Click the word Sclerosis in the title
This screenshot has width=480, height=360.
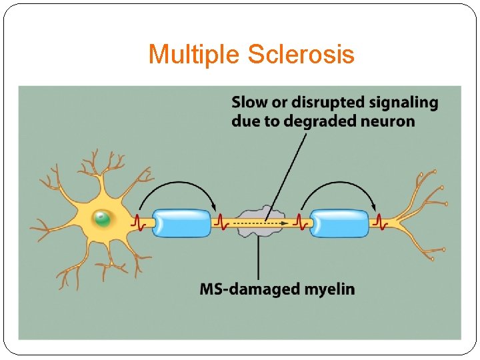point(301,54)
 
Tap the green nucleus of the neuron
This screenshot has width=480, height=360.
point(102,217)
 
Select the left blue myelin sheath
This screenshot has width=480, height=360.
point(182,223)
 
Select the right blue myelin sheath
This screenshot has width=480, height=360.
point(339,223)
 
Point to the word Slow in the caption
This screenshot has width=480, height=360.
point(248,103)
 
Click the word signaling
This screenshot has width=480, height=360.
point(406,103)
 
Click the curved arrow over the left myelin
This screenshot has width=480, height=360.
point(179,185)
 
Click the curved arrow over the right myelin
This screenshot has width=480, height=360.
point(337,185)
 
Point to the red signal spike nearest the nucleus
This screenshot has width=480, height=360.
point(140,221)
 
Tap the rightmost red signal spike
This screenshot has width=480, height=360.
point(379,221)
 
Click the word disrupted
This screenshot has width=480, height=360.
point(315,103)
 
